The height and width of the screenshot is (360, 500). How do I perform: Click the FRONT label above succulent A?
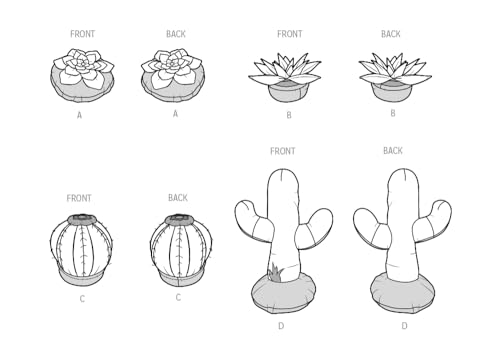click(82, 34)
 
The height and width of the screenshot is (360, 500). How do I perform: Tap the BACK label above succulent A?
click(176, 34)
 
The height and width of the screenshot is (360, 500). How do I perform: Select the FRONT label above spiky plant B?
click(290, 34)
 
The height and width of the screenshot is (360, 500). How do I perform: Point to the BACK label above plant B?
click(391, 34)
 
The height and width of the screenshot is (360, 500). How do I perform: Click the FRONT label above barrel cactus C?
click(79, 198)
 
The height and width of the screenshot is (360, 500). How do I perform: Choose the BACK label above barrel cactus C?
click(178, 198)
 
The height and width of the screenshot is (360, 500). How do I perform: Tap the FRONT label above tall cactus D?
click(283, 151)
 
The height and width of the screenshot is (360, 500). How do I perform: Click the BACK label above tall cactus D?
click(393, 151)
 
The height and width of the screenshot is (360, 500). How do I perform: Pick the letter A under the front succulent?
click(79, 115)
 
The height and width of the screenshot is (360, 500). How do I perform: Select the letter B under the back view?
click(393, 113)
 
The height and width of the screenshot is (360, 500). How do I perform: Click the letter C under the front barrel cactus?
click(82, 299)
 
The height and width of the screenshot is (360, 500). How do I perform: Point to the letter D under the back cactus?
click(404, 326)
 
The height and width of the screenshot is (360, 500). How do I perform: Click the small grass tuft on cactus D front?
click(276, 272)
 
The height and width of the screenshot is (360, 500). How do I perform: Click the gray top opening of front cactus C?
click(82, 219)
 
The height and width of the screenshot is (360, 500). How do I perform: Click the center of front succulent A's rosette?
click(81, 63)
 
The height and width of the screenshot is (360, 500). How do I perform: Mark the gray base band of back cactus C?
click(179, 279)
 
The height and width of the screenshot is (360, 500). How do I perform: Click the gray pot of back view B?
click(391, 93)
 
